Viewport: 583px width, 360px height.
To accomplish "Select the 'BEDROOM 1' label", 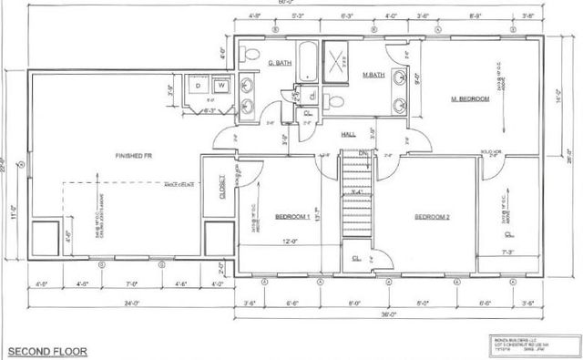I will [293, 217].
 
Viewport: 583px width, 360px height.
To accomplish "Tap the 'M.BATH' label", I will [372, 74].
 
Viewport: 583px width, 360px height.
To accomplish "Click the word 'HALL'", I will [348, 134].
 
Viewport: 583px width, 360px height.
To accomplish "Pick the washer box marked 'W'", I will [220, 85].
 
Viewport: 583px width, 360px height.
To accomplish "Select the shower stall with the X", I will [339, 61].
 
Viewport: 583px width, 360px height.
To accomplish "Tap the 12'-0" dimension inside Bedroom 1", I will [290, 242].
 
